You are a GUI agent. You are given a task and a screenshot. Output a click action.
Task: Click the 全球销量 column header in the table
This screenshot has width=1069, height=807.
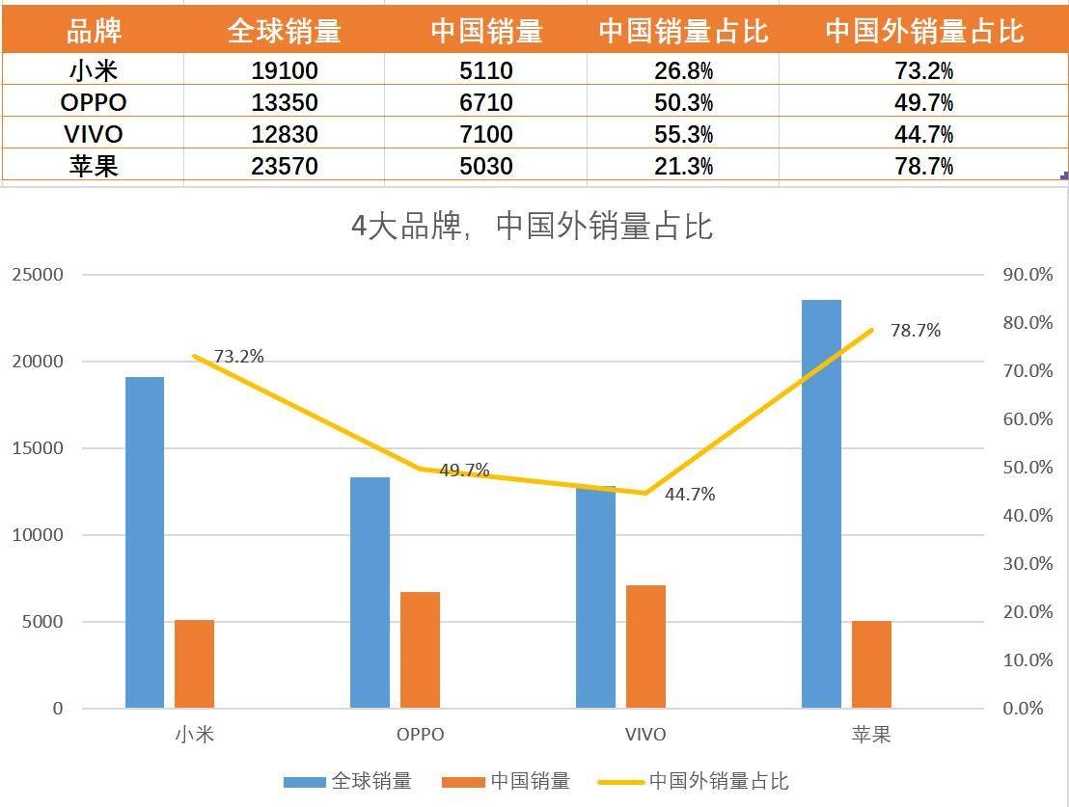pos(284,32)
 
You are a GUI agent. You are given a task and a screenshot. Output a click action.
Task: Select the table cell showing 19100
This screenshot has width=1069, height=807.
pos(284,70)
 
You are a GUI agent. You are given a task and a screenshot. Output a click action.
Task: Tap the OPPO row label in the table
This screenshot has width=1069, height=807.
pos(93,102)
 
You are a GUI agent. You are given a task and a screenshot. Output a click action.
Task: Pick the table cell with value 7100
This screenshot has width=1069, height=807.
pos(486,134)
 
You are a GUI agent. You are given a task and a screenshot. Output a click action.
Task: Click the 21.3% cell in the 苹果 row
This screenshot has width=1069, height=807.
pos(682,166)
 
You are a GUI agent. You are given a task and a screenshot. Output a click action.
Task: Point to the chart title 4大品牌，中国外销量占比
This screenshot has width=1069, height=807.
pos(532,227)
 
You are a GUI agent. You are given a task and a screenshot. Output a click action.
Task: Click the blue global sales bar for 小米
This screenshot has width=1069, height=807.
pos(145,542)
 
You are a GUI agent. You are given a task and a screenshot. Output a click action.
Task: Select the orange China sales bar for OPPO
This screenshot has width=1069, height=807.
pos(420,650)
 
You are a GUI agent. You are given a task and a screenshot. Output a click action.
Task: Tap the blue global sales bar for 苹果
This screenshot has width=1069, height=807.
pos(821,503)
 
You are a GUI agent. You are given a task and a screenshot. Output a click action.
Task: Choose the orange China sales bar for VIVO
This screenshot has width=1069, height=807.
pos(645,646)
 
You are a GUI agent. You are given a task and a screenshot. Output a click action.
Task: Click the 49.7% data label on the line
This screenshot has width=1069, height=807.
pos(464,471)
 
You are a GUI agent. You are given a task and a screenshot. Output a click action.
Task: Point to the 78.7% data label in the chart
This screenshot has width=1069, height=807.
pos(915,331)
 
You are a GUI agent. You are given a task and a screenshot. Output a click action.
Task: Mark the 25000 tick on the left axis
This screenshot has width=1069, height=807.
pos(38,275)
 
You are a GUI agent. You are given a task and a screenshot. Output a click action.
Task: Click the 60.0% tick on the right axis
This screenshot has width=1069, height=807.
pos(1028,419)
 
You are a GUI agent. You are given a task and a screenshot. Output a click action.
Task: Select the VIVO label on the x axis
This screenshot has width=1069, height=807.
pos(644,735)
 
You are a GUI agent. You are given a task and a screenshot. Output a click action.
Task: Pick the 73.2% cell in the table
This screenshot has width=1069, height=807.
pos(923,70)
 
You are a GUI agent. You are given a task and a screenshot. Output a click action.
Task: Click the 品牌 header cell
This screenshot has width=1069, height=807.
pos(93,32)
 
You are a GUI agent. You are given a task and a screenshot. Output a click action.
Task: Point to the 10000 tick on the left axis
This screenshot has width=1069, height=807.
pos(38,535)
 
